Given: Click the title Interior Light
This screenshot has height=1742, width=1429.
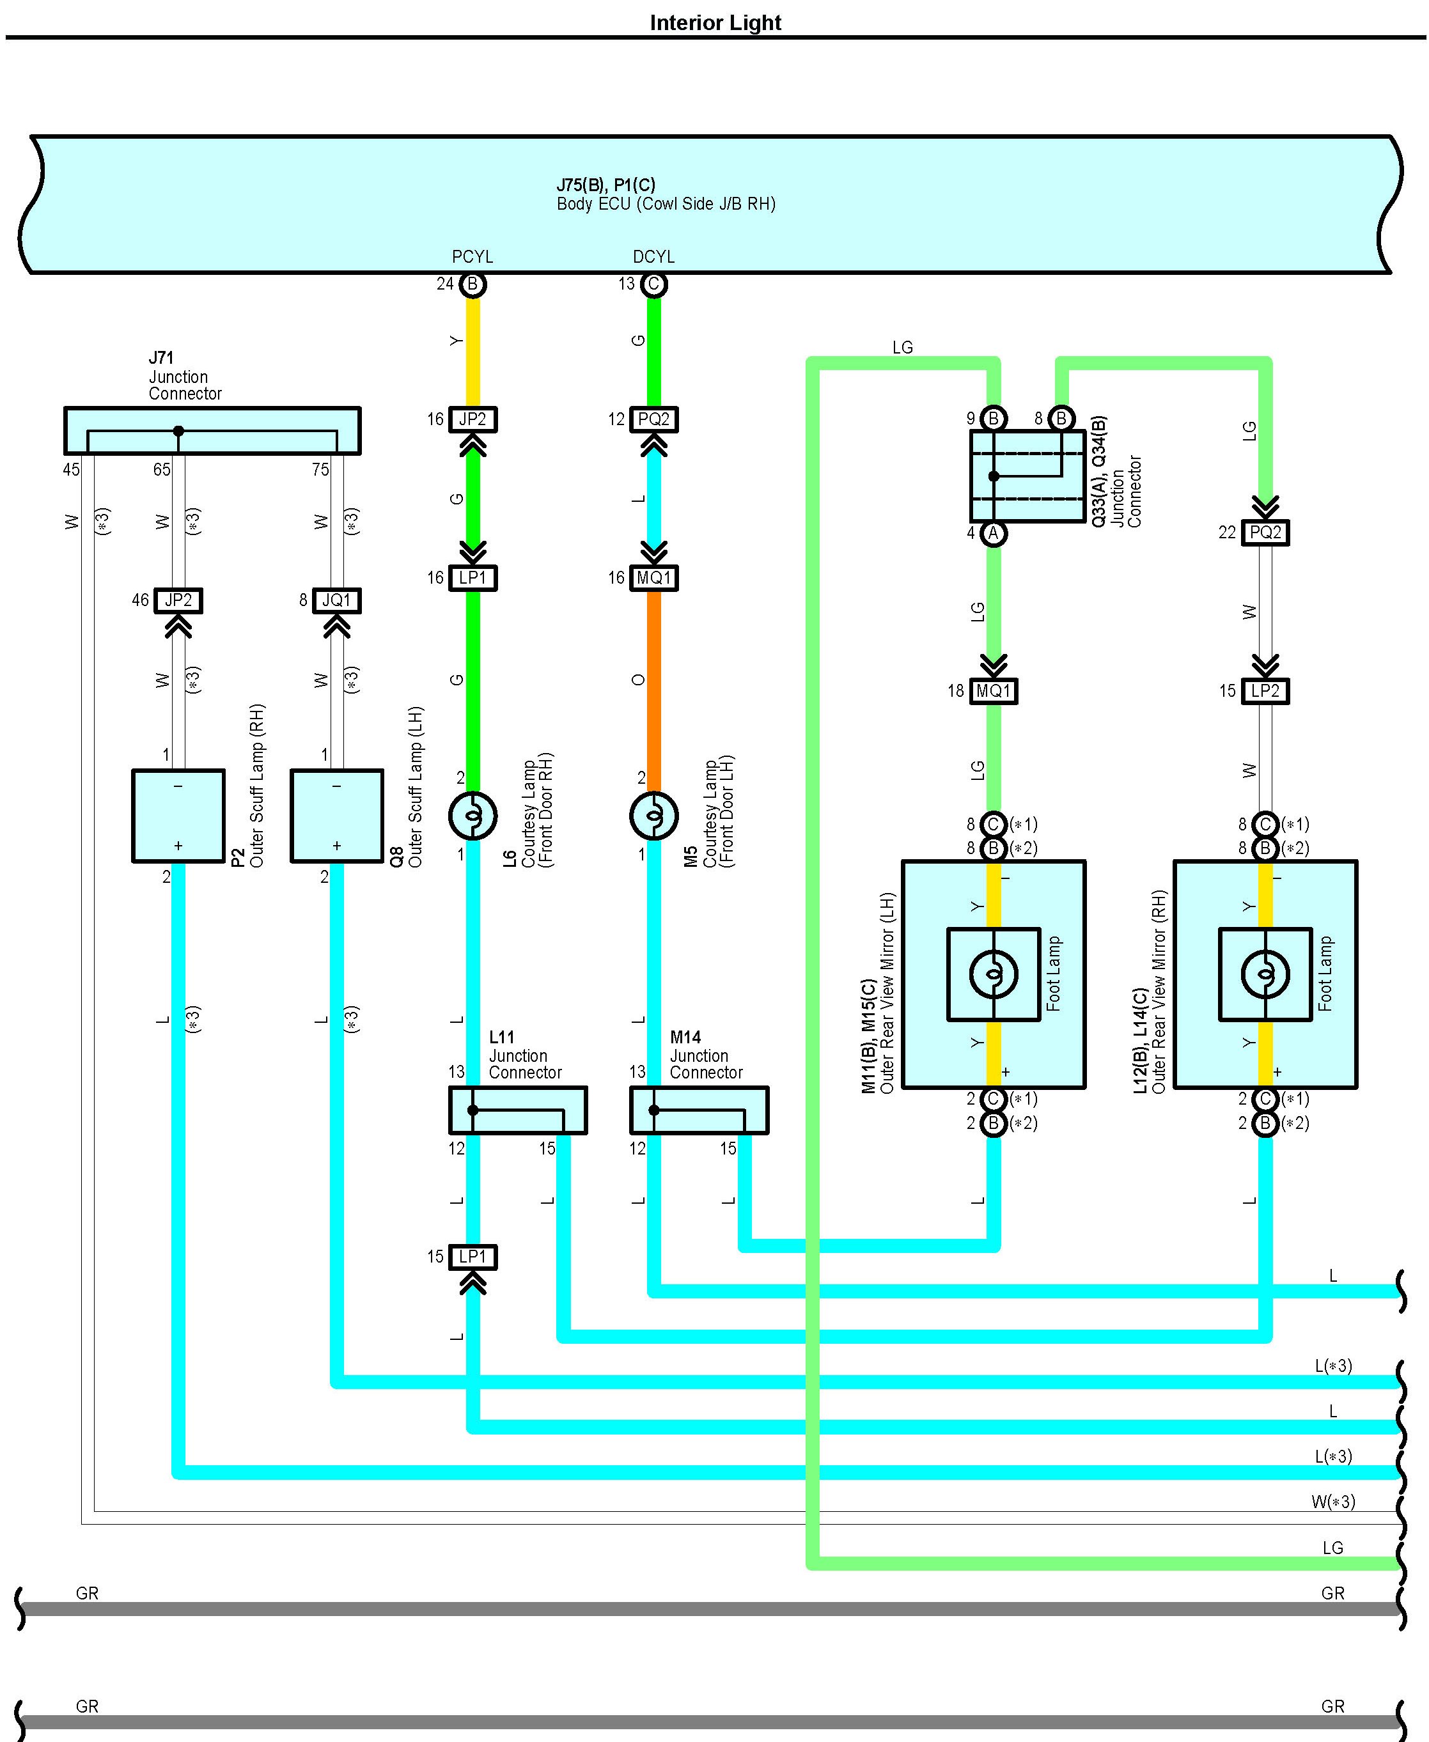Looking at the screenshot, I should [x=715, y=23].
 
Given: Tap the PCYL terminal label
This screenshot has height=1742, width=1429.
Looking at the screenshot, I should [x=472, y=258].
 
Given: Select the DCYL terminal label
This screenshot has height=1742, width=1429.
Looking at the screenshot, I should [x=653, y=258].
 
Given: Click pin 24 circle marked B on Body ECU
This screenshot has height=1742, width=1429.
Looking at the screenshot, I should [x=473, y=284].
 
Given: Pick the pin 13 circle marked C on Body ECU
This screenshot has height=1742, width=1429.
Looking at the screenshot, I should [x=653, y=284].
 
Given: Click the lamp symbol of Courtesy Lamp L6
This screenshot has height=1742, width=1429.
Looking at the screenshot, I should [x=472, y=816].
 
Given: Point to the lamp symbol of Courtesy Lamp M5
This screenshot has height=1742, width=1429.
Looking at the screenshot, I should [x=653, y=816].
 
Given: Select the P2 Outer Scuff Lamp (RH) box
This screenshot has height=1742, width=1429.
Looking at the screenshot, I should [x=178, y=816].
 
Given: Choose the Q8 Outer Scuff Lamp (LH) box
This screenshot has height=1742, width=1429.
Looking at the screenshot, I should [x=337, y=816].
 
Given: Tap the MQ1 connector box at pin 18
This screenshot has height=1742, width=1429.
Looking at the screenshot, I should [x=994, y=691].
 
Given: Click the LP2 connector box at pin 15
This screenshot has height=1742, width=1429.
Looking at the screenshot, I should [x=1265, y=691].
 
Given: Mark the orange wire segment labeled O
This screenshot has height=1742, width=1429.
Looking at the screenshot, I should [x=653, y=683].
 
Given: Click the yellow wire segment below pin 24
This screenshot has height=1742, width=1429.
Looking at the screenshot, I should [x=473, y=350].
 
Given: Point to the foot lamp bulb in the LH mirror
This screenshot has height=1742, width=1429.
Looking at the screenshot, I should [x=994, y=974].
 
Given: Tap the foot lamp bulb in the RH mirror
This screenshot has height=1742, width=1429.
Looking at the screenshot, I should [x=1265, y=974].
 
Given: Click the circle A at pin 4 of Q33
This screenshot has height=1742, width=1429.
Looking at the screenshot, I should [x=994, y=533].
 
